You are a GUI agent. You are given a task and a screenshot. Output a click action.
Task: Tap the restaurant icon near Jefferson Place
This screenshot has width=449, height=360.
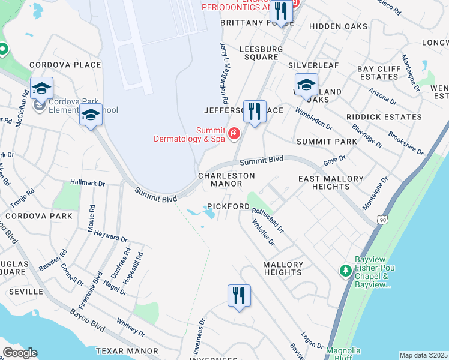(255, 111)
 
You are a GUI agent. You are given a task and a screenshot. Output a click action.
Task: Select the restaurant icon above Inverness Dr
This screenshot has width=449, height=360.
(239, 295)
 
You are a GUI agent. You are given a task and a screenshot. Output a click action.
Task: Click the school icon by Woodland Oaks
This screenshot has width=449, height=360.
(306, 85)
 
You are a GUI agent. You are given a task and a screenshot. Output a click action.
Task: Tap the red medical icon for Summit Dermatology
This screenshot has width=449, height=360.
(234, 133)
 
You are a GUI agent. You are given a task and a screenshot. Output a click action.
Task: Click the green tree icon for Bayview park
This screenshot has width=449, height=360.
(346, 271)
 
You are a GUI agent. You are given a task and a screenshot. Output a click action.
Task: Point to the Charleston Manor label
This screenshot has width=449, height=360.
(227, 179)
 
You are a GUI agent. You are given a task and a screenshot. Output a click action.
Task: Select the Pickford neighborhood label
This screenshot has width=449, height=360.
(228, 206)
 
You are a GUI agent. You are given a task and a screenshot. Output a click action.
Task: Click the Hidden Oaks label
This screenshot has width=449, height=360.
(338, 26)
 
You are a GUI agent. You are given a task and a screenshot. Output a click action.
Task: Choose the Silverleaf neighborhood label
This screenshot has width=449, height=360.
(313, 65)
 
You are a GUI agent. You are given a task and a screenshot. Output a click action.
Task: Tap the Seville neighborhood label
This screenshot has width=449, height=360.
(26, 291)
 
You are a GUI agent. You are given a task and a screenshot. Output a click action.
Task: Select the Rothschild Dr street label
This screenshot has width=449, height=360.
(268, 220)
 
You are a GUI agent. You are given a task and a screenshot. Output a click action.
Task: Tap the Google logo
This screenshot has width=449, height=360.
(20, 352)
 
